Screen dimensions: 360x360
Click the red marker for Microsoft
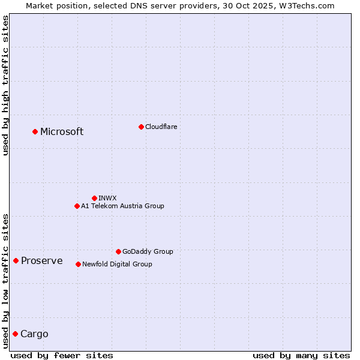(35, 131)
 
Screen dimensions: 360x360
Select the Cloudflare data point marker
(141, 127)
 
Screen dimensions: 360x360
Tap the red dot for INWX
(94, 198)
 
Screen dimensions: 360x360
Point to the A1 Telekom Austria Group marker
(77, 206)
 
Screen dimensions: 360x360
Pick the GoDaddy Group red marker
(118, 251)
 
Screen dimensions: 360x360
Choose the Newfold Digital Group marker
(78, 264)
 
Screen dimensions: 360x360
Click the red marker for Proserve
(16, 260)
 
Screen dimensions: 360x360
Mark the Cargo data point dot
(15, 334)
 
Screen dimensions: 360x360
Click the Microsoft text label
(62, 132)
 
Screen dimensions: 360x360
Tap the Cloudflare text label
(161, 127)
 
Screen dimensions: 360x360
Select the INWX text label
(107, 198)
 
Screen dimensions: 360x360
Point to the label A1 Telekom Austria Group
(122, 206)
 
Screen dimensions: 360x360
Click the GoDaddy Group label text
(148, 251)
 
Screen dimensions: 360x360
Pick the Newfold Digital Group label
(117, 264)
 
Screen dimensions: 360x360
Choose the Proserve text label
(42, 260)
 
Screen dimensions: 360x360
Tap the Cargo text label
(34, 334)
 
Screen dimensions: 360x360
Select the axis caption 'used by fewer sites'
(62, 355)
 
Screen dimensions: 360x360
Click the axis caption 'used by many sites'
(301, 355)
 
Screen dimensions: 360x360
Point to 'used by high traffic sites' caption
(5, 85)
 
